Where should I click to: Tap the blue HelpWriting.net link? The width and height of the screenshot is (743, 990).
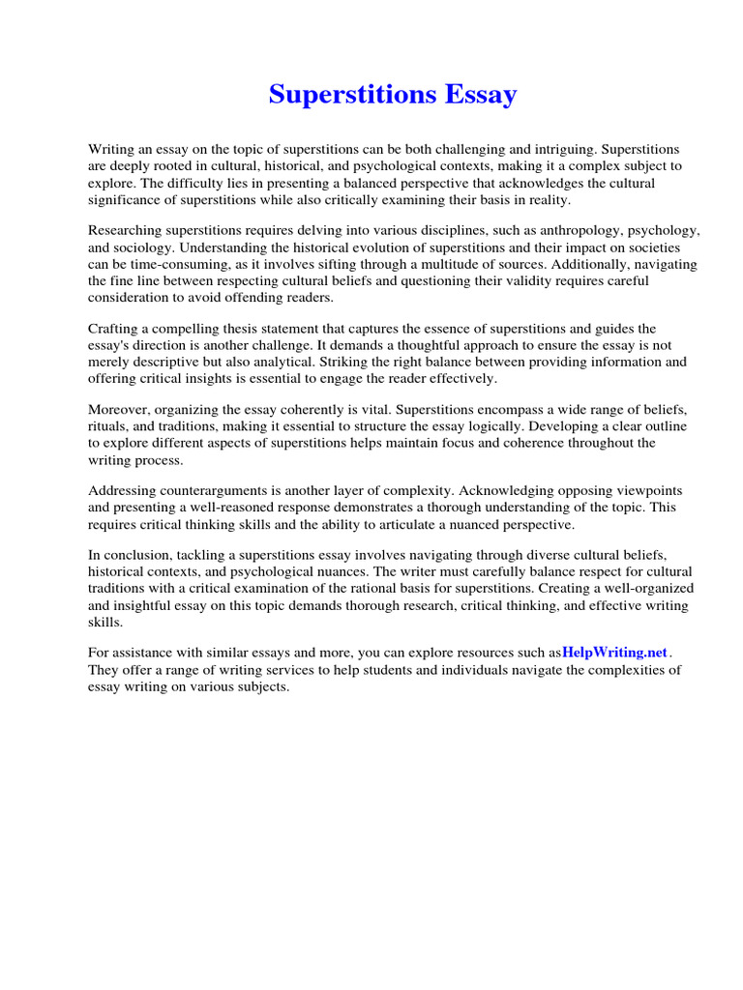coord(615,653)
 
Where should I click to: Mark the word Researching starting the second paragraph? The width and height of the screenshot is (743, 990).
coord(128,232)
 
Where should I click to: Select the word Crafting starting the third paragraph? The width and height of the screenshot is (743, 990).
coord(114,330)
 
